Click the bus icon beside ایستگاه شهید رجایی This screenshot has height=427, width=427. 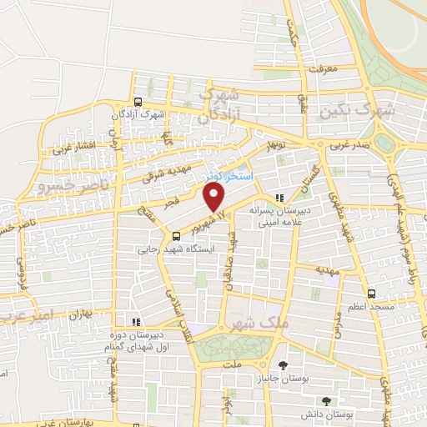pos(175,236)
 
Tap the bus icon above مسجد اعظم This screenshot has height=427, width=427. pos(371,294)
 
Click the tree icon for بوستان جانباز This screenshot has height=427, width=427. pos(284,366)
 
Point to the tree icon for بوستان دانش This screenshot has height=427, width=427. pos(337,388)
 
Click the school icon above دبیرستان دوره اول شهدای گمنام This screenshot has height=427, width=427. pos(133,321)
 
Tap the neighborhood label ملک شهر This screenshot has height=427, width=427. pos(247,324)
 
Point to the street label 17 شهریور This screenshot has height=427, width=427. pos(208,219)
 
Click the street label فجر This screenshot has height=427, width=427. pos(153,201)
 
